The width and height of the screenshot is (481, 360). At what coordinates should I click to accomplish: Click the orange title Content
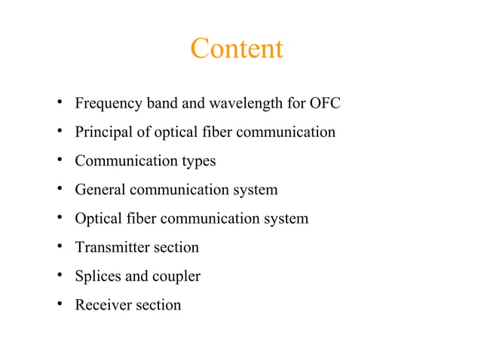[237, 49]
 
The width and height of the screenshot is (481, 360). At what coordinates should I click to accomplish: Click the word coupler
[176, 277]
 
